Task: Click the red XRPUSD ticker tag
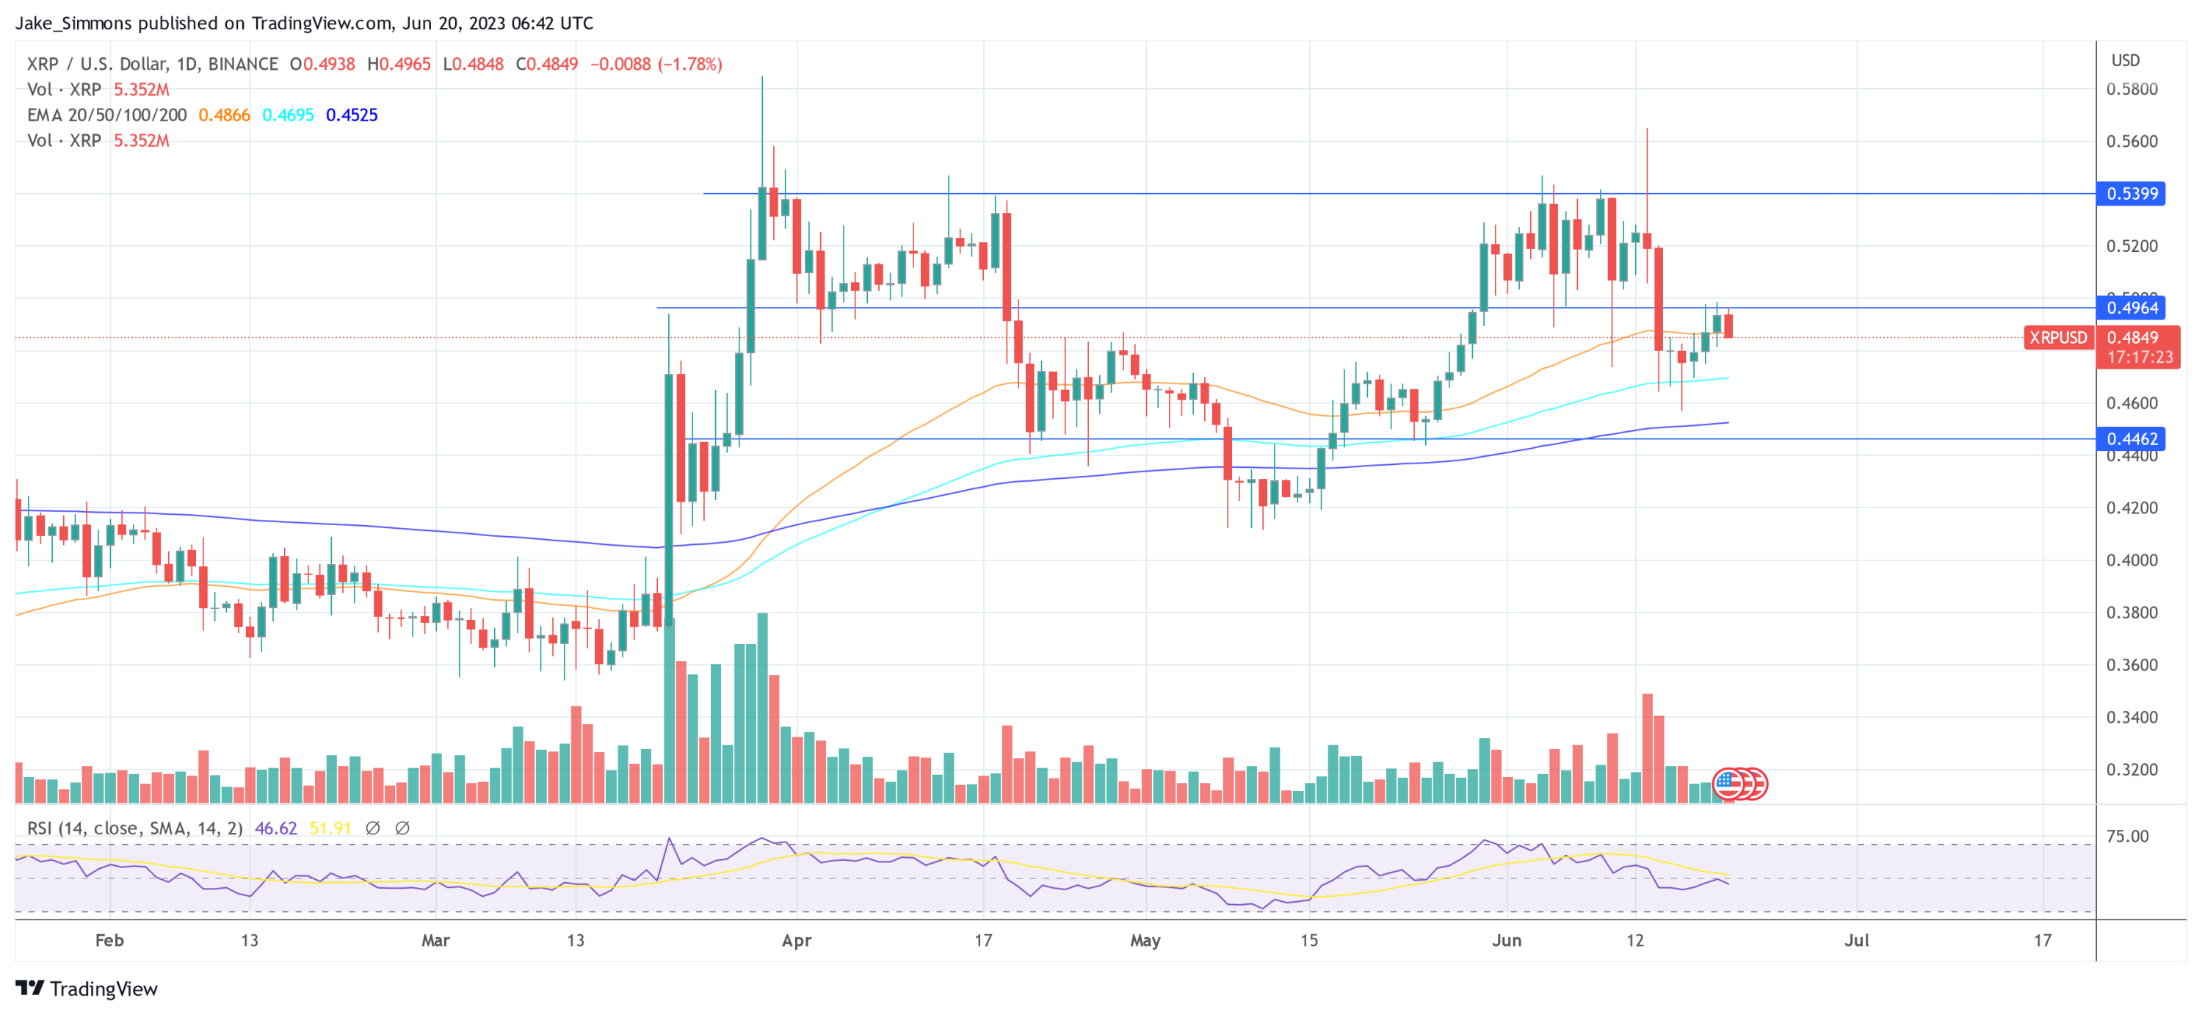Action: (x=2057, y=338)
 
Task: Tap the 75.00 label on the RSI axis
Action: (x=2127, y=837)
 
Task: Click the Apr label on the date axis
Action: (x=796, y=941)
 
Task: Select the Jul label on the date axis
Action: (x=1855, y=941)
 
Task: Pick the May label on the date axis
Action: (x=1145, y=941)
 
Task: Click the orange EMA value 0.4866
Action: (x=224, y=115)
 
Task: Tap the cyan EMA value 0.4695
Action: (x=288, y=115)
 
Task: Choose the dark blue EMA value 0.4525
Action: (x=351, y=115)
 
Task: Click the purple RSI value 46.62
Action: (x=275, y=828)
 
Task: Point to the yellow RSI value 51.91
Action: (x=330, y=828)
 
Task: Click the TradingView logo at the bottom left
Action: (x=87, y=989)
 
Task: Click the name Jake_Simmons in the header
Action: (x=73, y=23)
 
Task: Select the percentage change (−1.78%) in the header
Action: (x=690, y=64)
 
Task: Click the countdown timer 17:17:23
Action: (x=2139, y=358)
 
